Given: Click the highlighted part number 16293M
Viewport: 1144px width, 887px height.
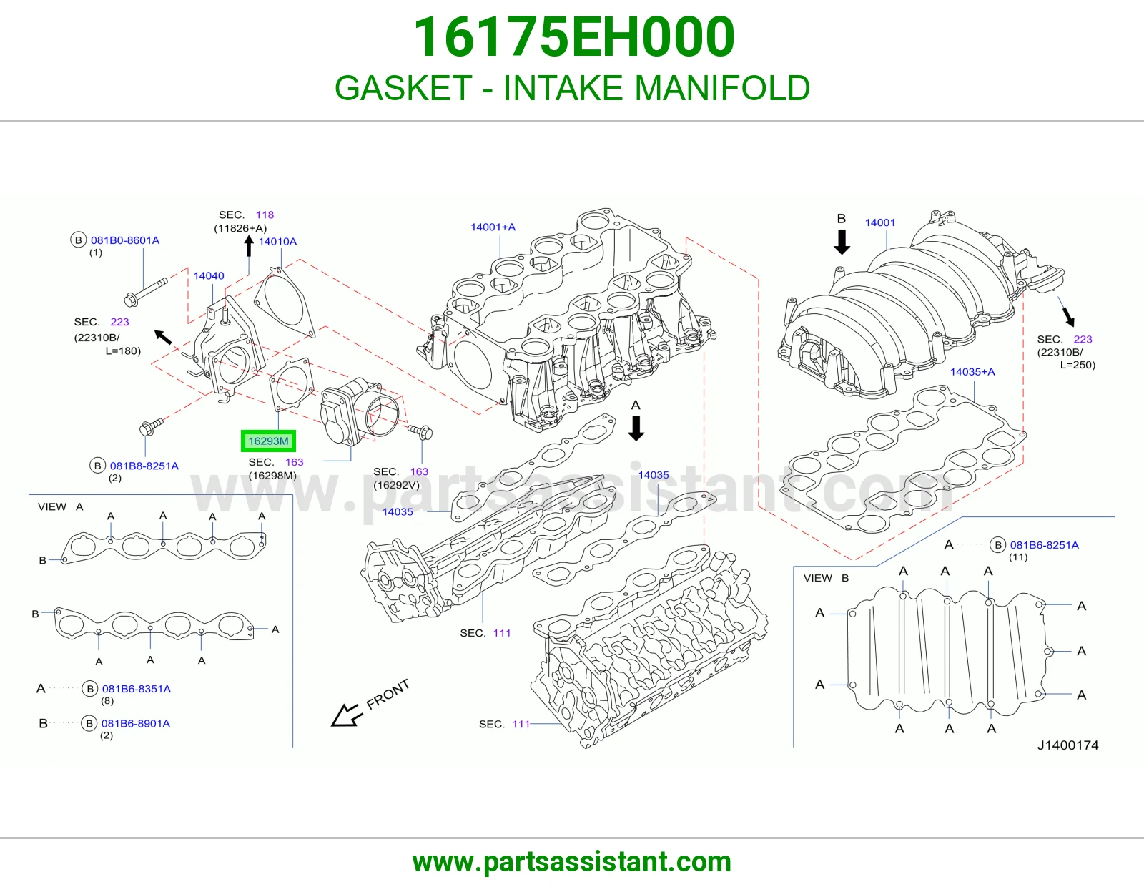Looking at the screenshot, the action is (x=269, y=441).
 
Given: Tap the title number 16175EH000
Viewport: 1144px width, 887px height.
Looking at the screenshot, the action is (x=574, y=36).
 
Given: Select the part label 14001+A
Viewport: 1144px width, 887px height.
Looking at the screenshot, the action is (x=493, y=227).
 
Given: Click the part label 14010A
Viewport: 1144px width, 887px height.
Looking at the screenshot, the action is (x=277, y=241).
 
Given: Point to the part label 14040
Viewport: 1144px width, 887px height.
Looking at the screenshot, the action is (x=209, y=275).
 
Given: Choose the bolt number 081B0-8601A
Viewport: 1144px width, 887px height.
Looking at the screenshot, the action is (x=125, y=240).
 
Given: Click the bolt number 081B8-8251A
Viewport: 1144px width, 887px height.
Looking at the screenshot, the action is (x=144, y=466).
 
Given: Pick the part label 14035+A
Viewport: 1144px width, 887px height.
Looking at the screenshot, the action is (x=972, y=372).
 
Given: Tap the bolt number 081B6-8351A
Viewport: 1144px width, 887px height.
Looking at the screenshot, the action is (x=137, y=688).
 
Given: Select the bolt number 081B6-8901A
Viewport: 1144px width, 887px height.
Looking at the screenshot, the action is (x=136, y=723).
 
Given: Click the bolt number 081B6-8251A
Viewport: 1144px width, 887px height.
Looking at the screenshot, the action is (x=1045, y=545).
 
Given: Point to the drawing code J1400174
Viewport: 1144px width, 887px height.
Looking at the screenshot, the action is (x=1067, y=745).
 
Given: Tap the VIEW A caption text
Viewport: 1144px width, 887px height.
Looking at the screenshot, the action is (x=61, y=506).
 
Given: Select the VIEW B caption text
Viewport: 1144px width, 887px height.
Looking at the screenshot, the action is (x=826, y=578).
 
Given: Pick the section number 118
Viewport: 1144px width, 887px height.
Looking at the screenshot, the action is (x=265, y=215).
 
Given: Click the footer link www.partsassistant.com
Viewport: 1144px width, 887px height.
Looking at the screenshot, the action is (x=572, y=862).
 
